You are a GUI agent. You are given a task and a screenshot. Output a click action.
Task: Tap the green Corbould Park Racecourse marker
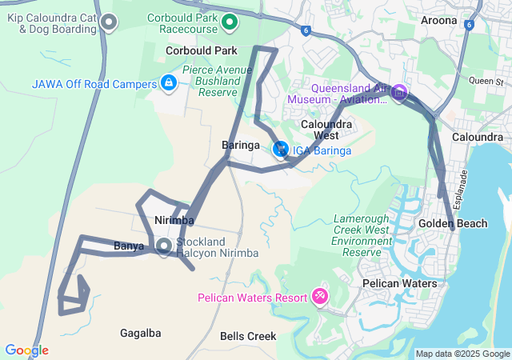[230, 22]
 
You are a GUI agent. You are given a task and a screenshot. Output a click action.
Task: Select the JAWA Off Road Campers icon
[169, 82]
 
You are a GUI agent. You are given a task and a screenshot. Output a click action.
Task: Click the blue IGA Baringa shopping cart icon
[281, 150]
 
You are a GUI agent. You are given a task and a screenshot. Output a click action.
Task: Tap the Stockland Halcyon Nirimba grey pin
[164, 246]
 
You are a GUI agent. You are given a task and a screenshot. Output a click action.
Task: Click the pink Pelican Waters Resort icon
[320, 297]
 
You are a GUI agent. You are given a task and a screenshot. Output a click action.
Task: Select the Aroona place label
[438, 21]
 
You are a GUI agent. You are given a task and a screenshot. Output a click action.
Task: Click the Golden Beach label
[453, 223]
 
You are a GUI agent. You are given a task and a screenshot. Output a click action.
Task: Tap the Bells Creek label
[248, 337]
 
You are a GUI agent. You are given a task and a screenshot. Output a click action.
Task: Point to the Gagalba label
[140, 333]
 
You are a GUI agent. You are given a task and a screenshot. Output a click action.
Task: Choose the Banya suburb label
[129, 246]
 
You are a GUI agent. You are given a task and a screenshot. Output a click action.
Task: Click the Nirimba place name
[174, 220]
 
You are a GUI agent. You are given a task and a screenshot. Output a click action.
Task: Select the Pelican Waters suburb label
[399, 284]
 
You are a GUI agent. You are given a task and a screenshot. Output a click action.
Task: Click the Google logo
[26, 350]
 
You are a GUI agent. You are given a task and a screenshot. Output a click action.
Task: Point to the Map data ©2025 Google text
[462, 354]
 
